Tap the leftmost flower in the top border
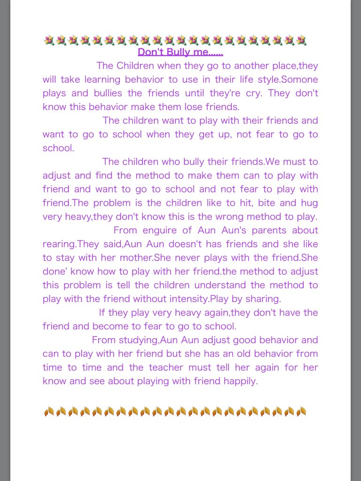48,40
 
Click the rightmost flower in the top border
301,40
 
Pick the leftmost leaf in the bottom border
48,412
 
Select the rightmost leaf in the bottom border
301,412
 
